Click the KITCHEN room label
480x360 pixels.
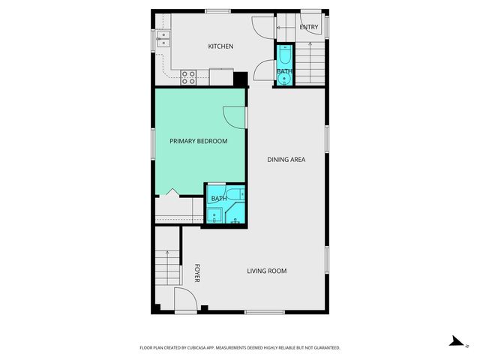[220, 46]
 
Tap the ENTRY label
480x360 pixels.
[308, 28]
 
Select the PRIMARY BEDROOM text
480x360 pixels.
[198, 141]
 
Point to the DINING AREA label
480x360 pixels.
[286, 159]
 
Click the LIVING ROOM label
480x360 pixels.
[267, 271]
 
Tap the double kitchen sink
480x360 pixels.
[166, 40]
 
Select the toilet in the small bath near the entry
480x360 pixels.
[285, 55]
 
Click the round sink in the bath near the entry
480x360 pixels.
[285, 77]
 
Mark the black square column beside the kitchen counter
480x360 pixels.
[241, 79]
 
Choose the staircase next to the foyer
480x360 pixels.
[167, 266]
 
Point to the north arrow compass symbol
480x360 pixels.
[455, 341]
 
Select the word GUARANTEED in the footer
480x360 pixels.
[325, 348]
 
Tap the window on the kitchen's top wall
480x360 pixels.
[217, 10]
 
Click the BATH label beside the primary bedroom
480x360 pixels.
[219, 198]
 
